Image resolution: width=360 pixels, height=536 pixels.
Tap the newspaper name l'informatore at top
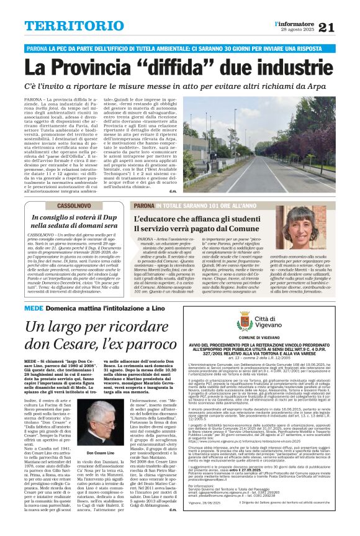pyautogui.click(x=294, y=23)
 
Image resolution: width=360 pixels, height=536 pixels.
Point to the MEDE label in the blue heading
pyautogui.click(x=34, y=306)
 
